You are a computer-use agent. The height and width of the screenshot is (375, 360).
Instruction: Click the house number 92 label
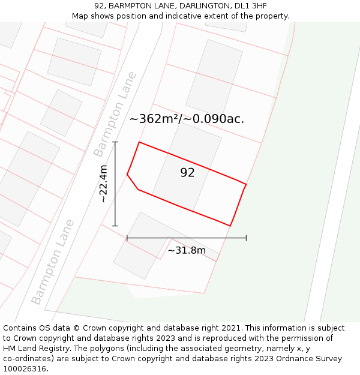pos(187,173)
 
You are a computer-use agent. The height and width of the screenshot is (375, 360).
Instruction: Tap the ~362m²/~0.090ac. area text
pos(187,119)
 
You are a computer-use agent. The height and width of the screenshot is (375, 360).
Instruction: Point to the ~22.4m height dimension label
pos(103,184)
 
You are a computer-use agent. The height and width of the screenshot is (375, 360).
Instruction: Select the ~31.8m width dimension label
pos(186,250)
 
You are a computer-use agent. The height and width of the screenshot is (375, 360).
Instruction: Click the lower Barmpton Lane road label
pos(53,262)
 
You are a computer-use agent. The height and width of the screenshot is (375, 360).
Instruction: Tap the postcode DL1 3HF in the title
pos(251,6)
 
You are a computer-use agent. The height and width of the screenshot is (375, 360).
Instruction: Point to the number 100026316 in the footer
pos(24,369)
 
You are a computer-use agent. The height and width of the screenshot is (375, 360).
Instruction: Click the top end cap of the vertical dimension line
pos(115,142)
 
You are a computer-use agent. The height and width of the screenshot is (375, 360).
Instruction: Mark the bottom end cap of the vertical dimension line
pos(115,226)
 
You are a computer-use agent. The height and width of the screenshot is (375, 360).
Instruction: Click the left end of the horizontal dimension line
pos(127,238)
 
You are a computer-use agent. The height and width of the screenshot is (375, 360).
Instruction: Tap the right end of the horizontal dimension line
pos(246,238)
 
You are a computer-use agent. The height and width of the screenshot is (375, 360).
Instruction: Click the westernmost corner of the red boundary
pos(127,175)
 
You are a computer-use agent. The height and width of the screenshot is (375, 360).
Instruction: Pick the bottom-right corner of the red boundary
pos(230,226)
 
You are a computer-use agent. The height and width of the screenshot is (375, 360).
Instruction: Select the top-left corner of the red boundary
pos(139,142)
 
